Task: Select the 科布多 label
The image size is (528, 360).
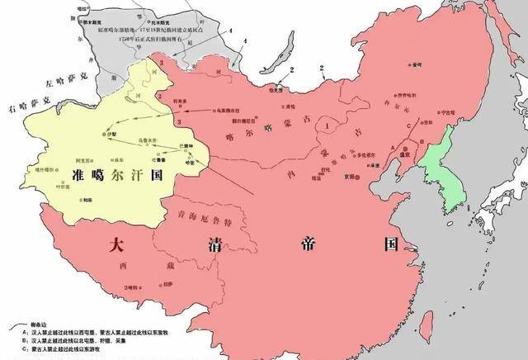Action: pyautogui.click(x=202, y=99)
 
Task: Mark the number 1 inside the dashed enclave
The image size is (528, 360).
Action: pyautogui.click(x=328, y=126)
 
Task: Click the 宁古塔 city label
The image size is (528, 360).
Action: pyautogui.click(x=446, y=113)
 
